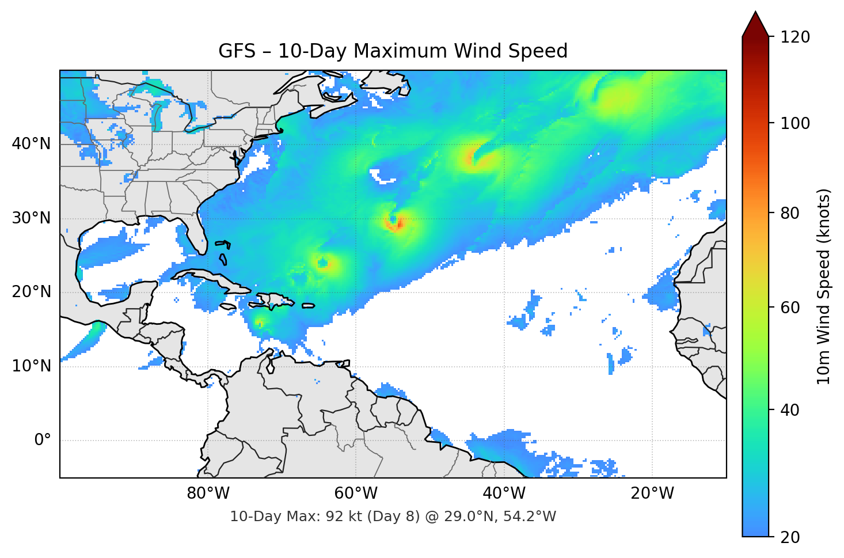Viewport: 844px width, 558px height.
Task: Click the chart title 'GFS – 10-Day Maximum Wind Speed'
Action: tap(393, 51)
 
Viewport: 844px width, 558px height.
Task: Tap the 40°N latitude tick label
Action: tap(31, 144)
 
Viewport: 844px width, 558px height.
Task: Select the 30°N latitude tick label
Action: tap(31, 218)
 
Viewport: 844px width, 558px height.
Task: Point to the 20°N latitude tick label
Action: tap(31, 292)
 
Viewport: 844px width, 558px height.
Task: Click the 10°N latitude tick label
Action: tap(31, 366)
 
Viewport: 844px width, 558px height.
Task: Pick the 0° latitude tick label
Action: tap(43, 441)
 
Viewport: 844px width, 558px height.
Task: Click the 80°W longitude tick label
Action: tap(208, 494)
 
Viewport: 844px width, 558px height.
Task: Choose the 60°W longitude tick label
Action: tap(356, 494)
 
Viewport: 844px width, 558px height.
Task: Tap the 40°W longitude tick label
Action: tap(504, 494)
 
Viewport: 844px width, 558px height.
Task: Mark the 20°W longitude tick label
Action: tap(652, 494)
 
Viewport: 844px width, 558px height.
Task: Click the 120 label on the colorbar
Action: tap(795, 37)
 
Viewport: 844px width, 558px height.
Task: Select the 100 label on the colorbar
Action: tap(795, 123)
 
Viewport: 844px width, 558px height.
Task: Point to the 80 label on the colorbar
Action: tap(790, 213)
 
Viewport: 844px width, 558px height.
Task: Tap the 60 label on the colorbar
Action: tap(790, 308)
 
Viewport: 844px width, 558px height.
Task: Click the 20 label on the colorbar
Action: tap(790, 537)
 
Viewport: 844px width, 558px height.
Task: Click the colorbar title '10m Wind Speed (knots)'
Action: tap(824, 287)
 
